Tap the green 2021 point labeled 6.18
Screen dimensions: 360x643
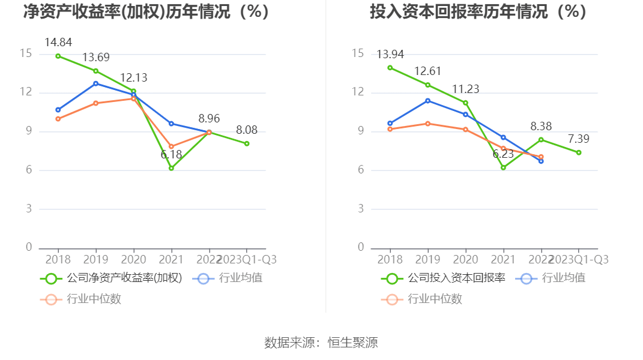(171, 168)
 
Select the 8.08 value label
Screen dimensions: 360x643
(247, 130)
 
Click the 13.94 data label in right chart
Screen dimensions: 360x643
(390, 55)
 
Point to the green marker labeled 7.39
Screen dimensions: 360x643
(579, 152)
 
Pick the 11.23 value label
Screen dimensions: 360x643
(465, 89)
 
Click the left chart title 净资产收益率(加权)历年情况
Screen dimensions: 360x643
(146, 11)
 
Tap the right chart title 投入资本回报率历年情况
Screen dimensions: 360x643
(478, 11)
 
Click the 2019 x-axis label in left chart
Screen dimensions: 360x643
(95, 259)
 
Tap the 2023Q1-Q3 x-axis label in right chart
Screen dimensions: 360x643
(579, 259)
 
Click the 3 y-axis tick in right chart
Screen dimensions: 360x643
(361, 209)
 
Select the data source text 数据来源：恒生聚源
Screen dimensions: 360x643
(321, 343)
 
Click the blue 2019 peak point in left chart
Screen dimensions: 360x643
(95, 83)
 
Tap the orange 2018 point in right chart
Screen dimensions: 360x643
(390, 129)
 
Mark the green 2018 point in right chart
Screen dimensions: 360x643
(390, 68)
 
